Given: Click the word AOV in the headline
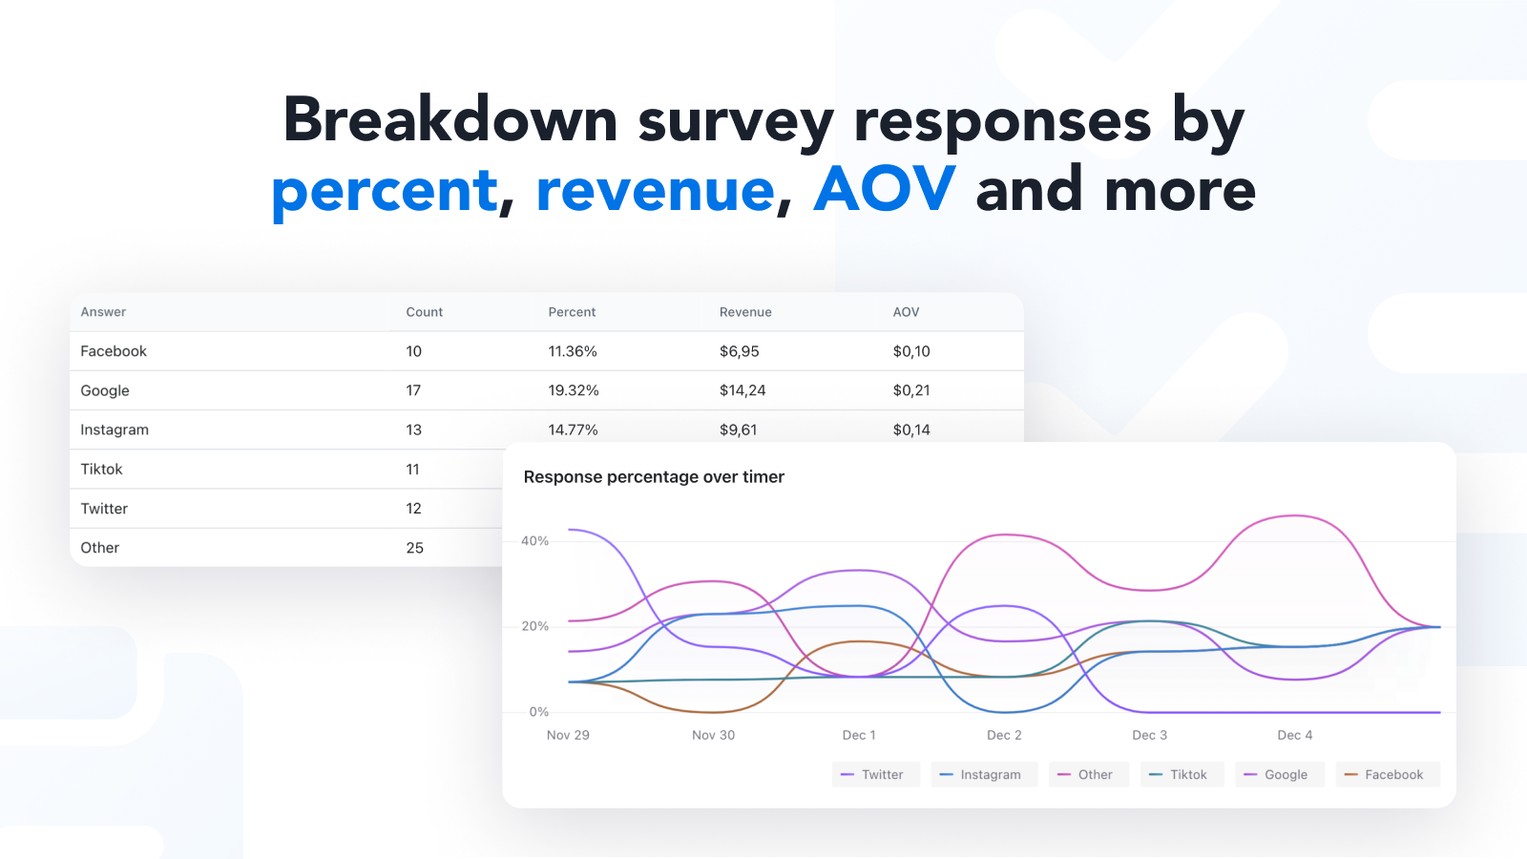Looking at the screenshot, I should click(884, 189).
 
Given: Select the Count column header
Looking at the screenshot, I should click(424, 312).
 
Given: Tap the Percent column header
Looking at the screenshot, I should click(572, 312).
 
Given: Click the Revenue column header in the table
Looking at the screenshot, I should click(745, 312).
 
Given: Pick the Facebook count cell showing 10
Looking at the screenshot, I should click(413, 351).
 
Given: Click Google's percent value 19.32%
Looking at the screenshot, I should click(573, 390).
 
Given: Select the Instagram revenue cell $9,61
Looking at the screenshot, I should click(738, 429).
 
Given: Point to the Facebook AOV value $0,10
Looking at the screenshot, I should click(911, 351).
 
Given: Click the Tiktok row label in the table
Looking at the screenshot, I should click(101, 470).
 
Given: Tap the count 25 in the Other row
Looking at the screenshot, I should click(414, 548).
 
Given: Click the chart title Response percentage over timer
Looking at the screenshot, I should click(654, 477).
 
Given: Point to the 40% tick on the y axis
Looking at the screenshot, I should click(534, 541).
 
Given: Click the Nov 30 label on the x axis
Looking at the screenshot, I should click(713, 735).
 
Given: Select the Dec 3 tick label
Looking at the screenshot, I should click(1149, 735).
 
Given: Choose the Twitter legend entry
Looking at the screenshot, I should click(875, 775).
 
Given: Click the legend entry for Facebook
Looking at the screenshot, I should click(1387, 775).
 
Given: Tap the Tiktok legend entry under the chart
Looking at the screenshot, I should click(1181, 775).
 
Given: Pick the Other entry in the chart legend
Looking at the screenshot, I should click(1088, 775).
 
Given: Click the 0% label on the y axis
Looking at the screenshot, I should click(539, 712).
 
